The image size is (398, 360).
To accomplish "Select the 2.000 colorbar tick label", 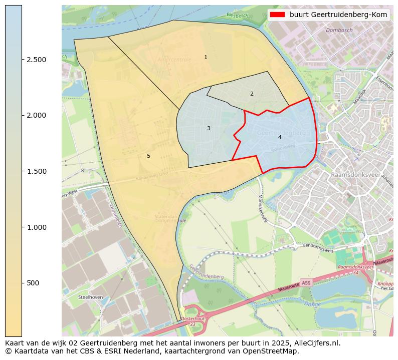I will (36, 115).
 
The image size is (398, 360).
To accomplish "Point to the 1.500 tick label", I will (36, 171).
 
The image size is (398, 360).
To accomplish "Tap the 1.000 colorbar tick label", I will (36, 227).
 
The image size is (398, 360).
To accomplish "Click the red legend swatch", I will (277, 15).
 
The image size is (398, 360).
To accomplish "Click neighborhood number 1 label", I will (206, 58).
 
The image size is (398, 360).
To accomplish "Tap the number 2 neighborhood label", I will (252, 94).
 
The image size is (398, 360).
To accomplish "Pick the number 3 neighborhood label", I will (209, 129).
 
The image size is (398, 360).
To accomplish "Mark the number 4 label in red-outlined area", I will (280, 137).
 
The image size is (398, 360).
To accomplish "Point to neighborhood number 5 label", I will (148, 156).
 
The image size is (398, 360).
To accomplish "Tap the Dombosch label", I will (339, 31).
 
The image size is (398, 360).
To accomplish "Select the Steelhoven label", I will (91, 297).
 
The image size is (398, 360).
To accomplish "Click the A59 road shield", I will (306, 283).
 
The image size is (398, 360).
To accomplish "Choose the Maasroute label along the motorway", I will (289, 289).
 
